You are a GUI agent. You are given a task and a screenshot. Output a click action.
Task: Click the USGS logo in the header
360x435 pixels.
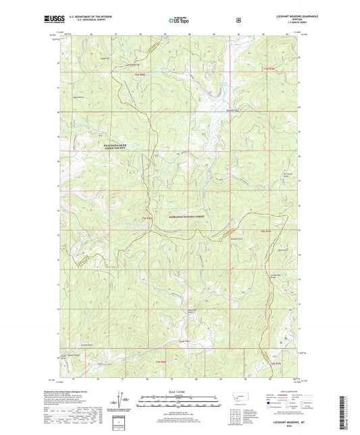[x=52, y=20]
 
